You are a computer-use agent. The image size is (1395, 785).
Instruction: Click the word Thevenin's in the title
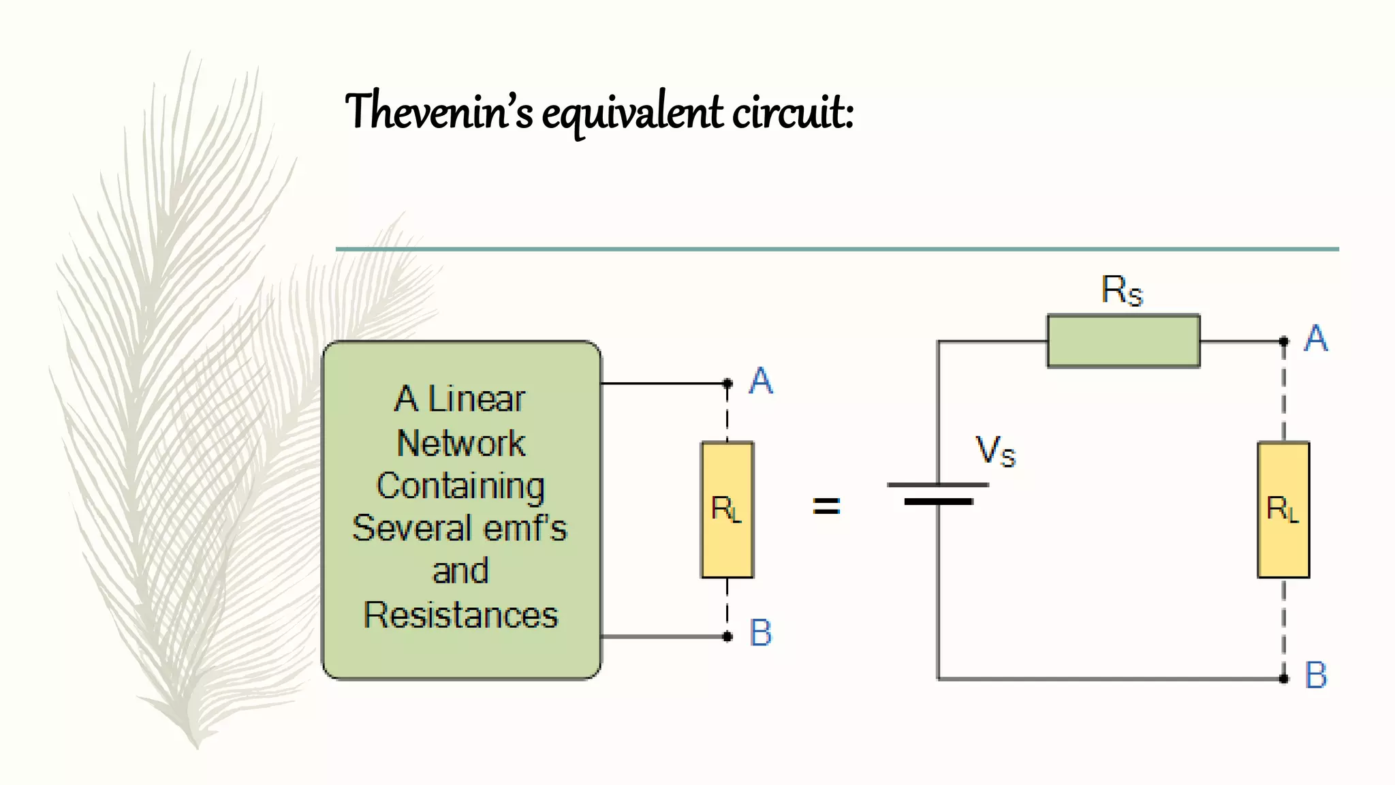point(439,111)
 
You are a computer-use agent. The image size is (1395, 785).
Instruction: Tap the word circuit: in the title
point(792,111)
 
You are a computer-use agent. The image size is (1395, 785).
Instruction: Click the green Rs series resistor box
point(1123,341)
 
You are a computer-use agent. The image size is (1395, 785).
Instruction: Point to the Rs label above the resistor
point(1121,290)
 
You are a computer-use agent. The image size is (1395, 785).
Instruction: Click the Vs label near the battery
point(995,451)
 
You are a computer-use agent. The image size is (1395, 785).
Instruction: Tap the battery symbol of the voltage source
point(938,493)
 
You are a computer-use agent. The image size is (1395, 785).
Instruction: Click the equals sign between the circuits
point(826,506)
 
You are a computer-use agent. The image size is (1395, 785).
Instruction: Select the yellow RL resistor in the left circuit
point(727,510)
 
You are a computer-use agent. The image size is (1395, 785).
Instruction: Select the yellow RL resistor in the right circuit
point(1283,510)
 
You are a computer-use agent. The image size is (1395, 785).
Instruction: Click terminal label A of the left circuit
point(761,380)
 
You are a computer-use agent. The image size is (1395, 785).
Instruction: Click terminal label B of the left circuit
point(760,632)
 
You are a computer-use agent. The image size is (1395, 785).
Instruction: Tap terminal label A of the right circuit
point(1316,338)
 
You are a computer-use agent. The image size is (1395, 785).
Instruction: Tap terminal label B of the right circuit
point(1316,675)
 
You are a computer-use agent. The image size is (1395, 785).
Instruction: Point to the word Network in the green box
point(461,444)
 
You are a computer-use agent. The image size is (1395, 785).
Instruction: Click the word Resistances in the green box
point(460,615)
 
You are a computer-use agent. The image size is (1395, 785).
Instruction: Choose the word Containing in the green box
point(460,487)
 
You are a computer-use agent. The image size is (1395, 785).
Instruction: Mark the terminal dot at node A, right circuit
point(1284,341)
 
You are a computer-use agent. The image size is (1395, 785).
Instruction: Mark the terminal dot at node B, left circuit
point(727,636)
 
